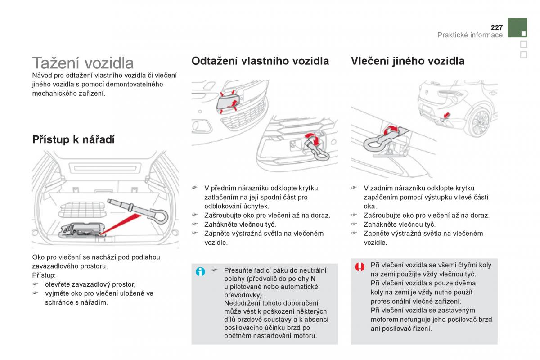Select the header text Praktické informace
point(470,35)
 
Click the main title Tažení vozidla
point(83,63)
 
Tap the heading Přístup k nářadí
point(73,139)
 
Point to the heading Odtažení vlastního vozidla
point(260,61)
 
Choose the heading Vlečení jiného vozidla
point(407,61)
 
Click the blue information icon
point(201,271)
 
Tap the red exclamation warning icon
point(360,267)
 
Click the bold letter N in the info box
point(313,279)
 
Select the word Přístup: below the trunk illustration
point(44,275)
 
